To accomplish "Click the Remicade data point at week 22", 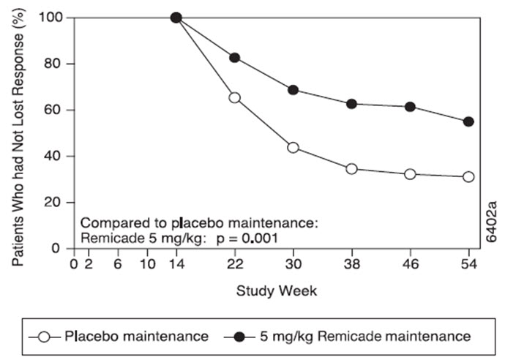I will pos(234,58).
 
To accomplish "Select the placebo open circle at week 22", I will pos(234,97).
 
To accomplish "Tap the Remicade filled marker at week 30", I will pos(293,90).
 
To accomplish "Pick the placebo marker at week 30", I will pos(293,148).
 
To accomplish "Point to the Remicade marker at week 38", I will pos(351,104).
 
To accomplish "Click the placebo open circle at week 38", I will pos(351,169).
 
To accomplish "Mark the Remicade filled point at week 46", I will pos(410,107).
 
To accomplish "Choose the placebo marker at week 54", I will pos(468,176).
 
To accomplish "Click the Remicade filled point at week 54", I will pos(468,121).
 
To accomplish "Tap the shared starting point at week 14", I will pos(176,18).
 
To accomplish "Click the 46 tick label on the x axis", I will pos(410,263).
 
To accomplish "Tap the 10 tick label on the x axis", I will pos(146,263).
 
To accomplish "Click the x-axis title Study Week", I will pos(276,290).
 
